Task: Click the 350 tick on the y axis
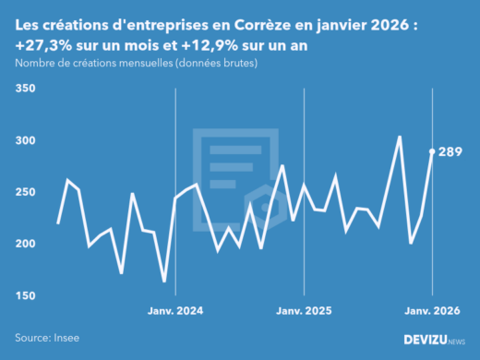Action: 25,89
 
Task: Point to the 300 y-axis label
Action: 25,140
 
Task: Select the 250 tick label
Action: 25,192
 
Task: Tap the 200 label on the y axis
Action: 25,244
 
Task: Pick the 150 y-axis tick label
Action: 25,295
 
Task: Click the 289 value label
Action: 450,151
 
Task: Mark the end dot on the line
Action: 432,151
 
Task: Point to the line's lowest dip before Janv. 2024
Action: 164,282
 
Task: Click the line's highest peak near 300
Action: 399,137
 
